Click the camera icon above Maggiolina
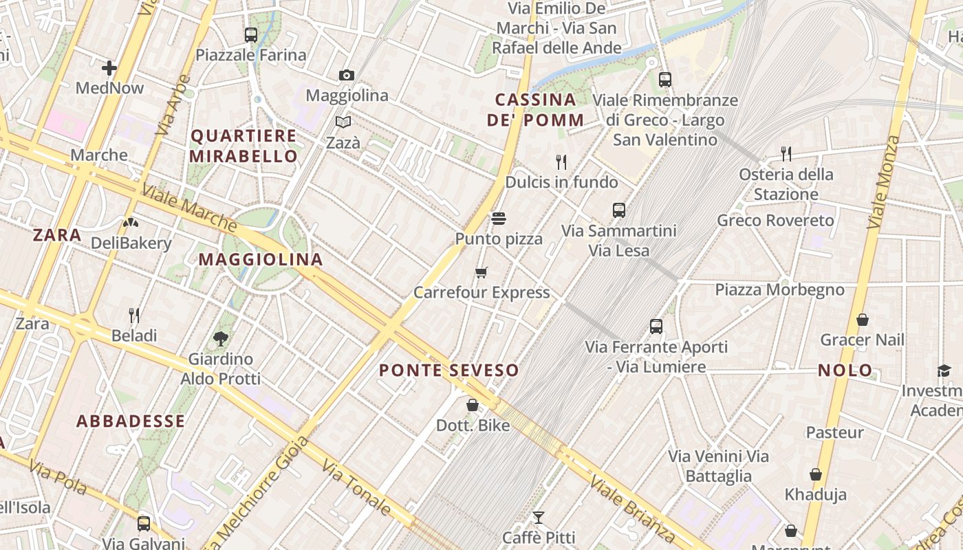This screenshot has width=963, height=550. coord(347,75)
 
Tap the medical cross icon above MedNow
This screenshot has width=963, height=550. coord(109,67)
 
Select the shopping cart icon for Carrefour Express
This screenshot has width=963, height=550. coord(481,272)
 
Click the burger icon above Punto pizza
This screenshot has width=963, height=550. coord(499,219)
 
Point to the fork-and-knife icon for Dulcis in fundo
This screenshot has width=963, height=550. coord(561,162)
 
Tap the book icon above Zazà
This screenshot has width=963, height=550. coord(343,122)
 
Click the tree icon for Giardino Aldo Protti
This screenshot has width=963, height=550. coord(220,338)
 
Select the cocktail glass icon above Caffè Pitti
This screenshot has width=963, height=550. coord(538,517)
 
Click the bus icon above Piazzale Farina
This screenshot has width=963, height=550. coord(250,34)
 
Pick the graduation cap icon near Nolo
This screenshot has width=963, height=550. coord(944,371)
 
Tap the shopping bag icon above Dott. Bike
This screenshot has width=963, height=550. coord(473,405)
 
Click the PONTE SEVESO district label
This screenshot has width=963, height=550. coord(449,371)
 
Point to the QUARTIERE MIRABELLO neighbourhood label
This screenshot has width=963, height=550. coord(244,146)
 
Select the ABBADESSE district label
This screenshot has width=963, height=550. coord(131,421)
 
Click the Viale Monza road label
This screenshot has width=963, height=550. coord(884,182)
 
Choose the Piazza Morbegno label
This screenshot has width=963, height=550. coord(779,289)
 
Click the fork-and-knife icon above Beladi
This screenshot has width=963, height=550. coord(134,316)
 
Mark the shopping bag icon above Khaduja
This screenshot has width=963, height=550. coord(816,474)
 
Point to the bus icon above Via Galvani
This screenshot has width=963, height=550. coord(143,523)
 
